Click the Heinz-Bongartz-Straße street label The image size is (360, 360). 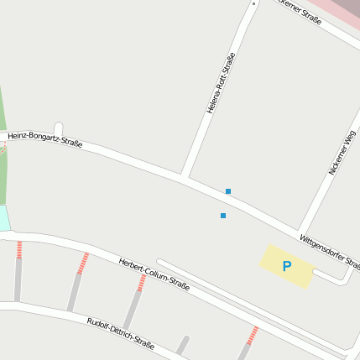coord(44,139)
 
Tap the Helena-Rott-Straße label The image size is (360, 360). coord(221,83)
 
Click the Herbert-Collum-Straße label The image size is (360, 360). coord(154,274)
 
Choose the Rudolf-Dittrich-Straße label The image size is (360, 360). coord(120,333)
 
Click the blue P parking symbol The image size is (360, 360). coord(286,267)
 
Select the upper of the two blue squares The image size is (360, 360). coord(227,191)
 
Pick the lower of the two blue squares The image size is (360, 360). coord(222,216)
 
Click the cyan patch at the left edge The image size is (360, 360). coord(4,218)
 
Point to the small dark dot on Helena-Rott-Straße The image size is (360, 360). coord(253,3)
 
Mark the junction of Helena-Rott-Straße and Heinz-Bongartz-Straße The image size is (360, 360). coord(183,175)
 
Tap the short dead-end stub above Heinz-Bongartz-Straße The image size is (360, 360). coord(58,130)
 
